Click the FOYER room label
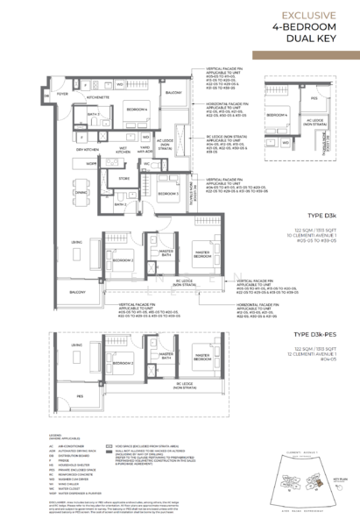pyautogui.click(x=62, y=91)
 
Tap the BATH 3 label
pyautogui.click(x=92, y=114)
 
